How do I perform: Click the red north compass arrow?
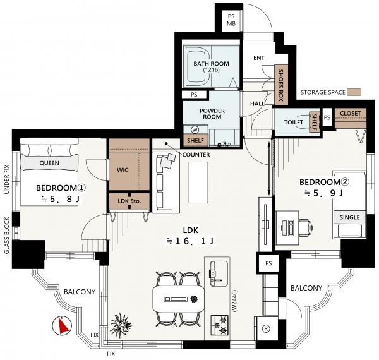[63, 326]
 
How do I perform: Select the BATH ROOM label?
[211, 64]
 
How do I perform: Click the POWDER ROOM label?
[212, 114]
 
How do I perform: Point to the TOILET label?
[294, 123]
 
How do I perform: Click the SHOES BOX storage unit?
[281, 85]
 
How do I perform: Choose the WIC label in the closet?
[123, 170]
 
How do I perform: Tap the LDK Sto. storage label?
[129, 201]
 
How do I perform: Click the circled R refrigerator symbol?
[266, 328]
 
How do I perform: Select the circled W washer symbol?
[195, 130]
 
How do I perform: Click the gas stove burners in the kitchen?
[219, 325]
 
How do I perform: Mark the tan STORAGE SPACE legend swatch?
[354, 92]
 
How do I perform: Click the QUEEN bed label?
[49, 163]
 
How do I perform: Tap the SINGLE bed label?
[349, 217]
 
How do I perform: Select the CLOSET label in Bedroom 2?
[350, 113]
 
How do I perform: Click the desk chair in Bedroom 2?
[306, 227]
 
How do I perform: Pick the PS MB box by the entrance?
[231, 20]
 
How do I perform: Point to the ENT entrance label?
[259, 58]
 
